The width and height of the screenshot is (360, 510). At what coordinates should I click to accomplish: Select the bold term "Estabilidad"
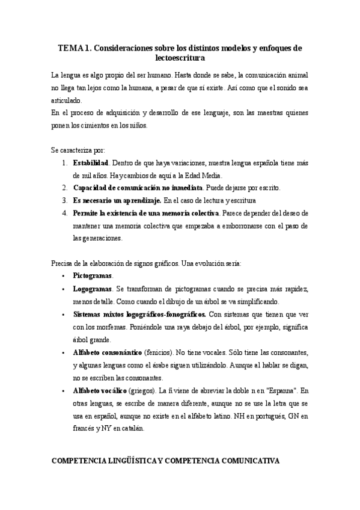point(91,163)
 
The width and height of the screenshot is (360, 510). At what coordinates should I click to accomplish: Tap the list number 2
point(64,188)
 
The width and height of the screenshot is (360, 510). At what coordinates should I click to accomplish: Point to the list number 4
point(64,213)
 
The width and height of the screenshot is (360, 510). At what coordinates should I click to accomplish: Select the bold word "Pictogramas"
point(93,275)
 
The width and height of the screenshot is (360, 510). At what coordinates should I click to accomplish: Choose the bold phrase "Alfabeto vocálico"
point(100,390)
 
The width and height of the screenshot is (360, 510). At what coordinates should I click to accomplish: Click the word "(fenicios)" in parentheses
point(163,352)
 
